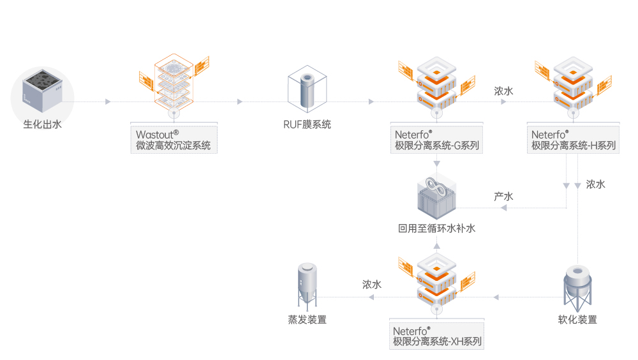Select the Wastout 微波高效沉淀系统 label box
click(174, 140)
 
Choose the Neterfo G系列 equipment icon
click(437, 83)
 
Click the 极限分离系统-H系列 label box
click(574, 140)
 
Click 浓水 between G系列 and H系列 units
click(504, 91)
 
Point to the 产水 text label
click(504, 196)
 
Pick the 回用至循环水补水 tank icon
click(437, 197)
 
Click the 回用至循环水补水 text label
click(437, 228)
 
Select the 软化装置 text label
click(577, 320)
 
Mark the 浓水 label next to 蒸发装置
click(372, 285)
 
